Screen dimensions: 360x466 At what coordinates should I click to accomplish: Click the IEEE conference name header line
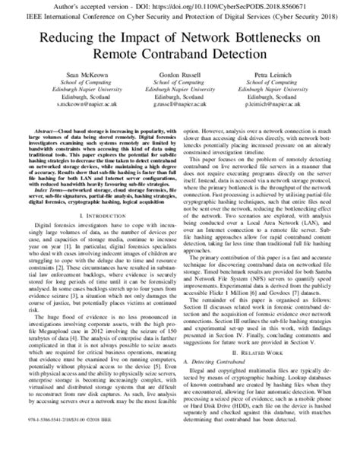[180, 14]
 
